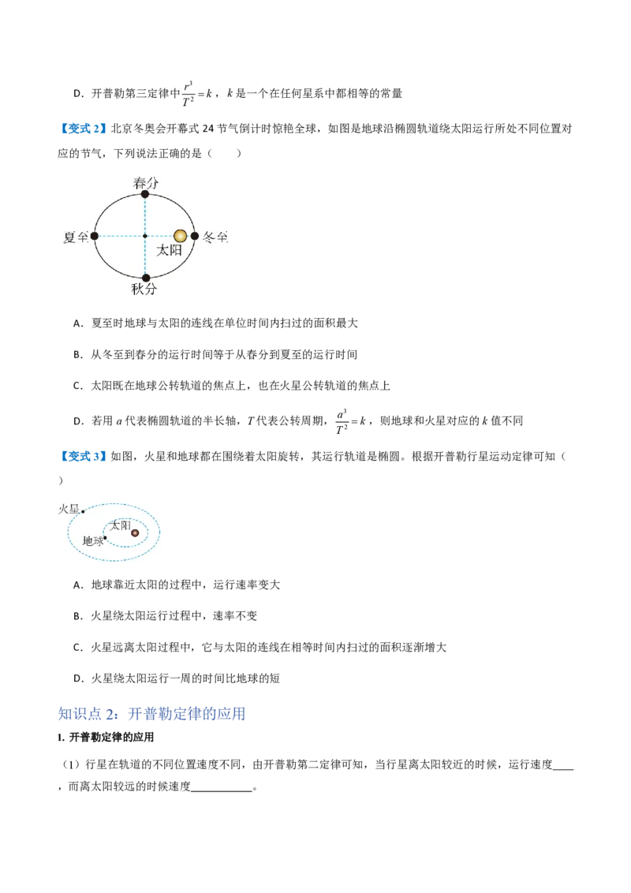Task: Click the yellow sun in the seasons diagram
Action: pyautogui.click(x=180, y=236)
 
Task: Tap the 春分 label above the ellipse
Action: pyautogui.click(x=146, y=183)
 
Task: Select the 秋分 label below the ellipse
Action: pyautogui.click(x=144, y=289)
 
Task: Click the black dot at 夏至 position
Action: pyautogui.click(x=95, y=236)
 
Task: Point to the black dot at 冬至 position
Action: pyautogui.click(x=195, y=236)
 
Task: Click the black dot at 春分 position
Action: pyautogui.click(x=145, y=194)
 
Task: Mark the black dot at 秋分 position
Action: pyautogui.click(x=146, y=278)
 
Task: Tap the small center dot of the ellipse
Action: pyautogui.click(x=145, y=236)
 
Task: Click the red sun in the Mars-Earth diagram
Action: pyautogui.click(x=135, y=533)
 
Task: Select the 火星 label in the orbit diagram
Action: pyautogui.click(x=69, y=509)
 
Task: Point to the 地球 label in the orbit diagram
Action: pyautogui.click(x=93, y=540)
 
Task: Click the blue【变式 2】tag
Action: pyautogui.click(x=83, y=129)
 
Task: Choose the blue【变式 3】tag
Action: pyautogui.click(x=83, y=456)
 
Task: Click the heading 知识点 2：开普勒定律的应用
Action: pyautogui.click(x=152, y=714)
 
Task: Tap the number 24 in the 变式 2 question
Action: pyautogui.click(x=208, y=129)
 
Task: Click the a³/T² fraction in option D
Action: pyautogui.click(x=341, y=421)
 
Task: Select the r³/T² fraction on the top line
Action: pyautogui.click(x=188, y=93)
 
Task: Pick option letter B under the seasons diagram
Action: pyautogui.click(x=78, y=354)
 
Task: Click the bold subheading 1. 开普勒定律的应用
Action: pyautogui.click(x=106, y=738)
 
